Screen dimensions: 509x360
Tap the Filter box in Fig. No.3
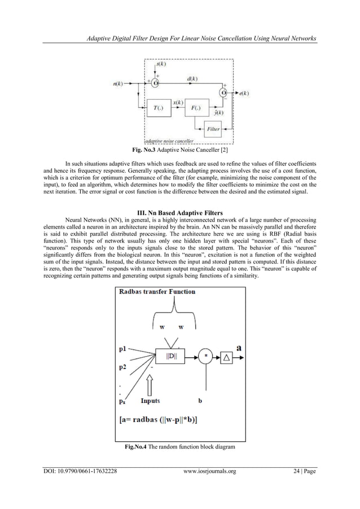click(x=213, y=129)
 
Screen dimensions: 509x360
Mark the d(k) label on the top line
click(x=191, y=78)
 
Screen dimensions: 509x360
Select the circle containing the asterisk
click(x=205, y=356)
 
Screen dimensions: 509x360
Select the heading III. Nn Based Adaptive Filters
click(x=179, y=212)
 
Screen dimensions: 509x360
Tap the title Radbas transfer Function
click(x=157, y=292)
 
